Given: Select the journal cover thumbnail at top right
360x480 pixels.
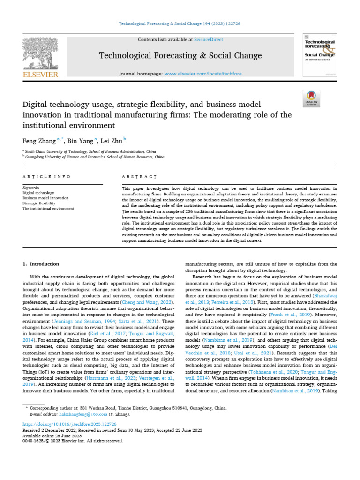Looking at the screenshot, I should click(320, 55).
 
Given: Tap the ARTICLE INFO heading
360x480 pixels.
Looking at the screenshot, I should click(47, 177).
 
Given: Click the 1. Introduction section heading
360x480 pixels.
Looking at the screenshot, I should click(41, 264).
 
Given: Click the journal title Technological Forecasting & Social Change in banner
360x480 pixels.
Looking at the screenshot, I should click(180, 56).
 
